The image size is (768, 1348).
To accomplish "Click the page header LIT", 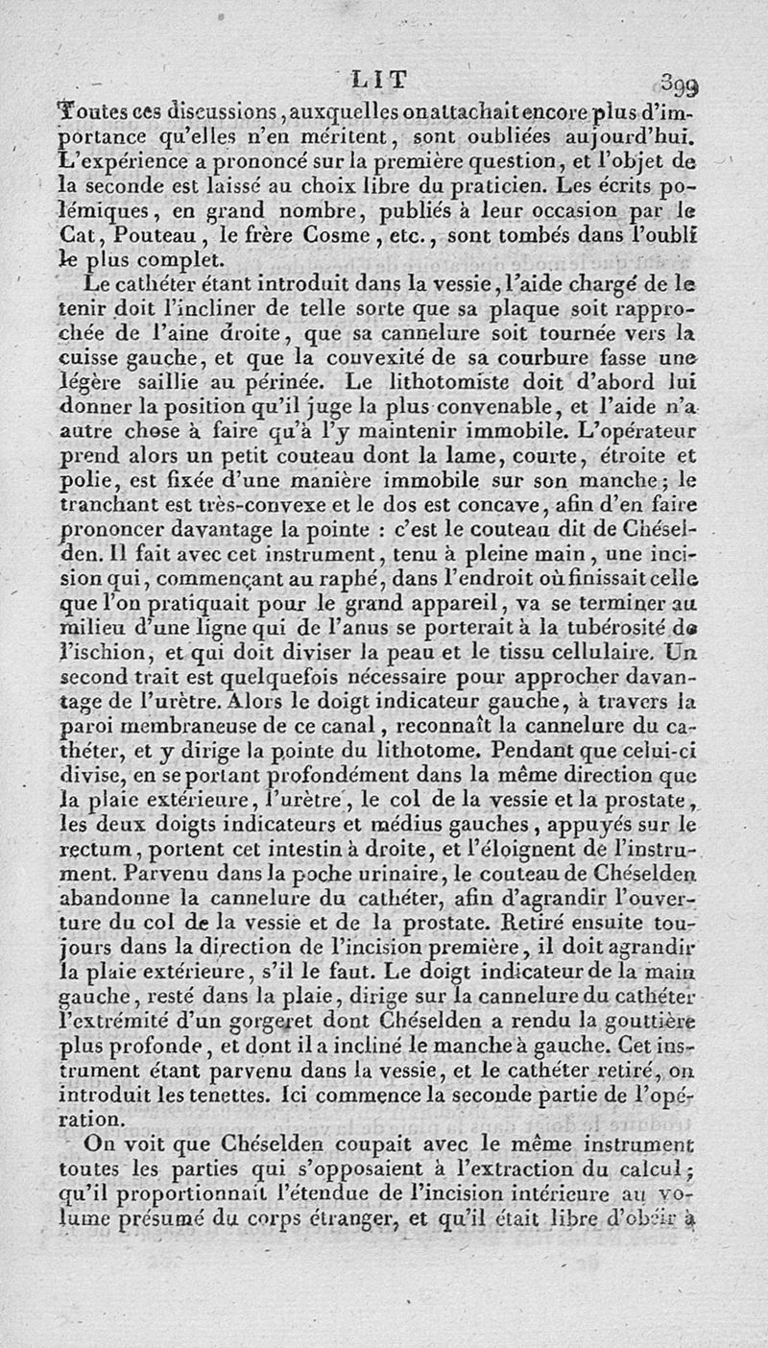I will [380, 80].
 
